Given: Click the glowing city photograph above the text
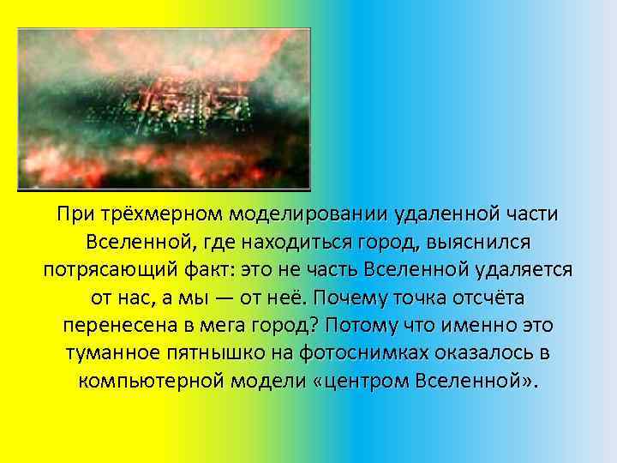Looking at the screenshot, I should (x=164, y=108).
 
